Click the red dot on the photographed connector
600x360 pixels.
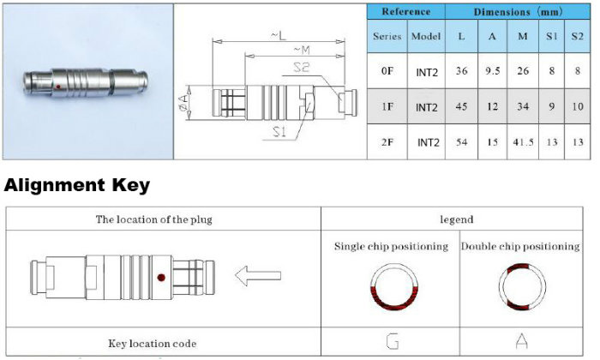(58, 87)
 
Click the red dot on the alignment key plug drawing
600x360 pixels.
(161, 278)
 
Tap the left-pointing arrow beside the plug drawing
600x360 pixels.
(258, 275)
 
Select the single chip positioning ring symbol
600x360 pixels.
(393, 286)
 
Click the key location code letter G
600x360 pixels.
(393, 341)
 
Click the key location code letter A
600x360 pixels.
(522, 341)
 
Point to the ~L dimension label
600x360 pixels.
(279, 36)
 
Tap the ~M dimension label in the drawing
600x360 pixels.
(302, 50)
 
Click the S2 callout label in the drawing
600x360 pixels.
(301, 68)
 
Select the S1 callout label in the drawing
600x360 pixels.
(279, 132)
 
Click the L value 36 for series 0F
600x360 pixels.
(461, 71)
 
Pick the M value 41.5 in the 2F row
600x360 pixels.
(523, 142)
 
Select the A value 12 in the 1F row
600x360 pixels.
(493, 106)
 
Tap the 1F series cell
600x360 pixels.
(387, 106)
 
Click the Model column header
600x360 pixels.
(426, 36)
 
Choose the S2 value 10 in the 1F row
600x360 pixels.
(578, 106)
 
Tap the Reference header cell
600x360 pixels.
(406, 12)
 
